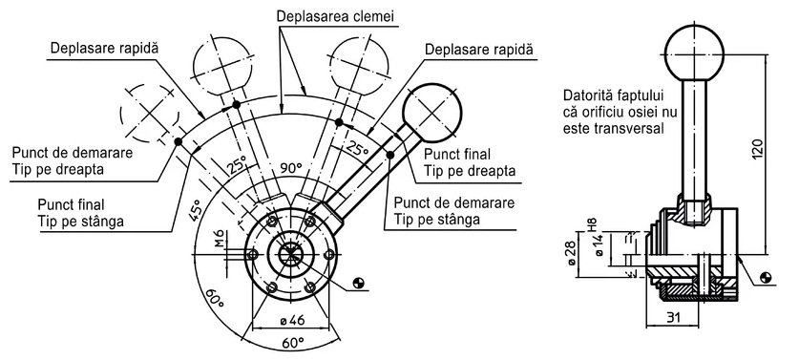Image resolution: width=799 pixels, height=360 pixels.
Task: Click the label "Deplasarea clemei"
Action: point(335,16)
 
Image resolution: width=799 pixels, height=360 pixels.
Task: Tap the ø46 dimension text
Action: point(292,320)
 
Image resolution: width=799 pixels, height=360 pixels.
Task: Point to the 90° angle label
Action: point(291,168)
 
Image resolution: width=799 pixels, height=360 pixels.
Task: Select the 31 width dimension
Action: point(673,317)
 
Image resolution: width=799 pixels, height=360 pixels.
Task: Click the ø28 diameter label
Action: point(571,253)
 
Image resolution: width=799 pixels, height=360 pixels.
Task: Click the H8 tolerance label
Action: point(593,224)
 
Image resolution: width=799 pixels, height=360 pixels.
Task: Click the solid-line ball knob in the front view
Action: point(431,112)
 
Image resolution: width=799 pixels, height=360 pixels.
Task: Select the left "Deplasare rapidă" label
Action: point(104,49)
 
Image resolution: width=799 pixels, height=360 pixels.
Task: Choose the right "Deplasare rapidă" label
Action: point(479,50)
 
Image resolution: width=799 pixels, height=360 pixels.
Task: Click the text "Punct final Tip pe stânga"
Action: point(80,213)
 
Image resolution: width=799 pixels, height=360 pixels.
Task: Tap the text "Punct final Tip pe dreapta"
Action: point(470,161)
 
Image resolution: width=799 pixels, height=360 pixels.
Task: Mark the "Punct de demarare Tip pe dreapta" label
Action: point(73,160)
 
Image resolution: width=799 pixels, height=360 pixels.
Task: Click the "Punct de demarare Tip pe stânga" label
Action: point(454,211)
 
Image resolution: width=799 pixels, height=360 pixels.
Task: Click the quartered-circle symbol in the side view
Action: point(765,278)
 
